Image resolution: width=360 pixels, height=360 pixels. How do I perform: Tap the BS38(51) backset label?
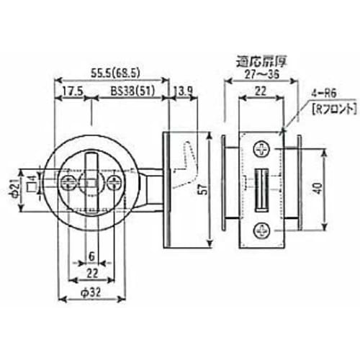[x=132, y=93]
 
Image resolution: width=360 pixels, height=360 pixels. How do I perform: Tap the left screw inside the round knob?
[x=70, y=179]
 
